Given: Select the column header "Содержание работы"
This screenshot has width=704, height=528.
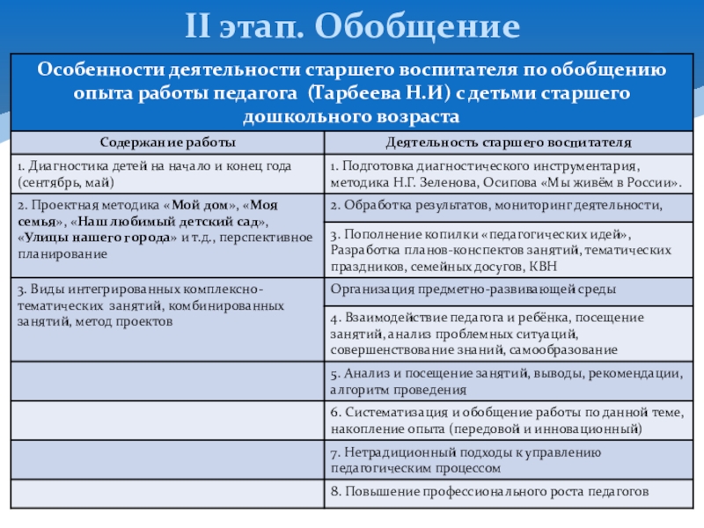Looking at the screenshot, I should click(x=167, y=142).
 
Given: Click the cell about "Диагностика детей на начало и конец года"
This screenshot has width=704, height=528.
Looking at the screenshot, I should click(x=167, y=173).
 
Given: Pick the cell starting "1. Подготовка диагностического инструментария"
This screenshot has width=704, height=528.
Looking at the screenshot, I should click(x=506, y=173).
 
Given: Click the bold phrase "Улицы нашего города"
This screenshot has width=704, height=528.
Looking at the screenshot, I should click(x=114, y=238).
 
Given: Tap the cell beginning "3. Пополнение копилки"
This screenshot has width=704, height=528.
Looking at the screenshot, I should click(x=506, y=250).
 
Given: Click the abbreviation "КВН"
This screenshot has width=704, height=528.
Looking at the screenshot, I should click(x=543, y=267).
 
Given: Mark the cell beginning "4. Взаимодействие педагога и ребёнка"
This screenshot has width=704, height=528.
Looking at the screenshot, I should click(x=506, y=333).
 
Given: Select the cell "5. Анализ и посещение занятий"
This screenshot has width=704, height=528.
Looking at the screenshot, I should click(x=506, y=380).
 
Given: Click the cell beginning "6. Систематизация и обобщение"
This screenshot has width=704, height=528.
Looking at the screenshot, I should click(x=506, y=420).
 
